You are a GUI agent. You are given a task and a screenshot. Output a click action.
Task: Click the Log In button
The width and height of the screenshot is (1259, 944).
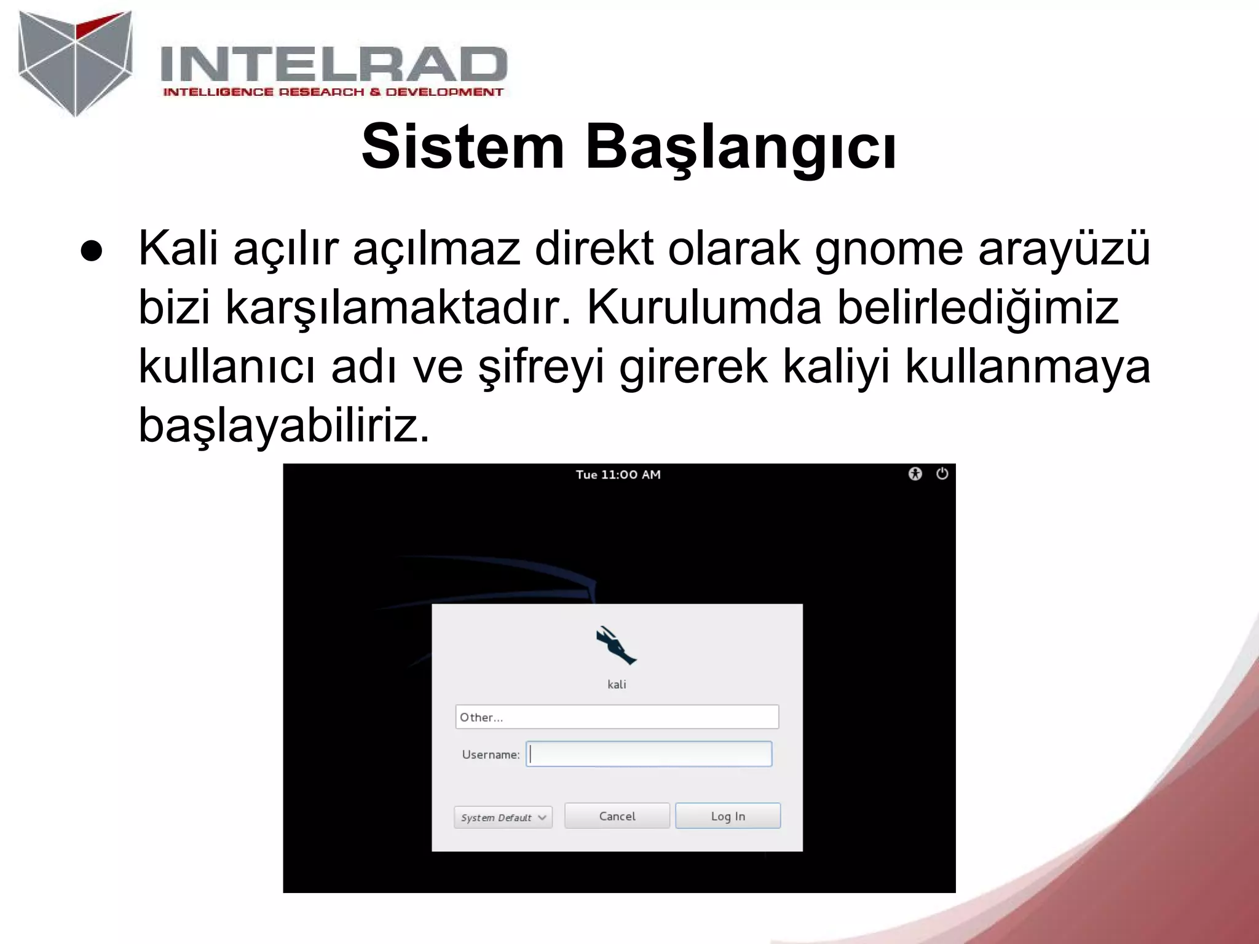[x=727, y=816]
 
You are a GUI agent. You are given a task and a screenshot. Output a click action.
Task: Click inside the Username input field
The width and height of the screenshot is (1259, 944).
[x=649, y=754]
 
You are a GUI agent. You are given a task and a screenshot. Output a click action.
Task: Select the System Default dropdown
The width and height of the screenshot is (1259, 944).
[x=503, y=817]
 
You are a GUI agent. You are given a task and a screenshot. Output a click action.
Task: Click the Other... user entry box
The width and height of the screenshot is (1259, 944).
[x=617, y=717]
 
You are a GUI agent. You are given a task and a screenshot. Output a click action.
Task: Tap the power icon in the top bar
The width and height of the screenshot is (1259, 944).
[x=942, y=474]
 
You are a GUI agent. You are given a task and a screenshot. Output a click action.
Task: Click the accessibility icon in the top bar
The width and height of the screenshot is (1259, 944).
[x=915, y=474]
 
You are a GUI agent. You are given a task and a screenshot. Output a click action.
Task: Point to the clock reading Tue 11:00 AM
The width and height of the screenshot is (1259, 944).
[x=618, y=474]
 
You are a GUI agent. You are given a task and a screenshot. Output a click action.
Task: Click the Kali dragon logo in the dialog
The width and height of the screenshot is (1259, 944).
[x=615, y=645]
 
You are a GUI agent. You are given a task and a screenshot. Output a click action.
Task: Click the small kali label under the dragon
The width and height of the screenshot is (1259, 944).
[x=617, y=685]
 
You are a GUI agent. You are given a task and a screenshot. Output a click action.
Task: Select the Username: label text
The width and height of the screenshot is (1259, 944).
[x=491, y=755]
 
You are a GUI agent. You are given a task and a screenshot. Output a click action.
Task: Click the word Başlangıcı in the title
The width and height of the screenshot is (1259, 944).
[x=740, y=147]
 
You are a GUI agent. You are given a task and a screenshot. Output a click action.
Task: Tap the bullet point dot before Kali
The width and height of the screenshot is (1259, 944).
[x=91, y=251]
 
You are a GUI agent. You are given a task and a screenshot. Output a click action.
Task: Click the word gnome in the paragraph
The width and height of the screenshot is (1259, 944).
[x=888, y=248]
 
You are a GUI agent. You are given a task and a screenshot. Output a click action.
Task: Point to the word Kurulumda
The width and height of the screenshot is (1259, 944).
[x=704, y=307]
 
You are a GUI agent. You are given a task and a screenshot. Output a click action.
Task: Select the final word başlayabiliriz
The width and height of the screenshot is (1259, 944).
[x=283, y=425]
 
